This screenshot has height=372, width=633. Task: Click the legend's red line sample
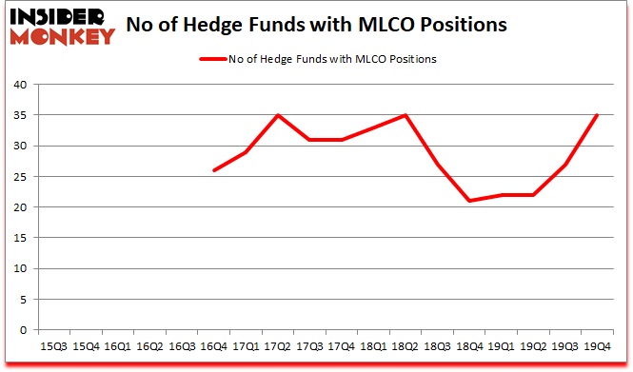(210, 59)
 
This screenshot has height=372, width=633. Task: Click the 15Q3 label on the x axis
(55, 347)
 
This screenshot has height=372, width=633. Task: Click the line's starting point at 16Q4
(214, 170)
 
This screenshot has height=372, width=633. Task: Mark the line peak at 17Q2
(279, 115)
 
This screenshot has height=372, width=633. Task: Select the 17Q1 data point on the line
(247, 152)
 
